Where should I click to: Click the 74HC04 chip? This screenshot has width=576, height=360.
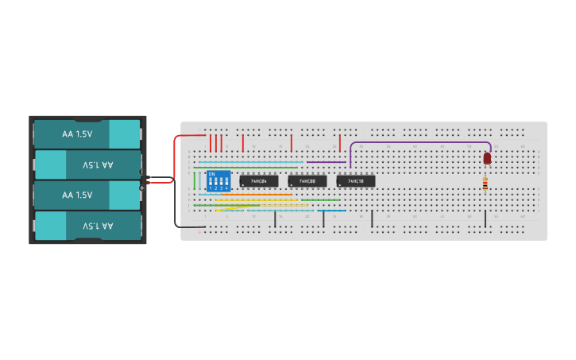pos(259,181)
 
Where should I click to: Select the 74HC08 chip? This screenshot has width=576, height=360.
pos(307,181)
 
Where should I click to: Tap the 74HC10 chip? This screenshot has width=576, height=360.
pos(356,181)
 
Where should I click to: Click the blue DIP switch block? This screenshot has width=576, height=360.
pos(218,181)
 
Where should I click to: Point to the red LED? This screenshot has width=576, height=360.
pos(487,159)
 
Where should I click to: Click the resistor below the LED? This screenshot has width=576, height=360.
pos(485,184)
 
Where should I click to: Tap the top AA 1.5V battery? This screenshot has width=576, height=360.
pos(87,134)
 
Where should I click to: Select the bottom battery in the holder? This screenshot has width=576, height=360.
pos(87,226)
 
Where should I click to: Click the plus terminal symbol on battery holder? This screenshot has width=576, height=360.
pos(142,188)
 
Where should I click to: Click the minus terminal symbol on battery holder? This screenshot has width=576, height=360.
pos(142,172)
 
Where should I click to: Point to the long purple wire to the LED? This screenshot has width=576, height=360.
pos(421,143)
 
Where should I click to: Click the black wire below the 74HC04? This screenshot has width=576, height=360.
pos(275,219)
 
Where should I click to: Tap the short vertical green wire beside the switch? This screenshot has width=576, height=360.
pos(194,180)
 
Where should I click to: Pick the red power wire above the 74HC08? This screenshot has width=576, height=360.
pos(292,143)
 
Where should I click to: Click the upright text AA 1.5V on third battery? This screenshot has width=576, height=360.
pos(77,195)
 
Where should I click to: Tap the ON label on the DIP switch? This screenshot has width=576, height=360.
pos(211,174)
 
